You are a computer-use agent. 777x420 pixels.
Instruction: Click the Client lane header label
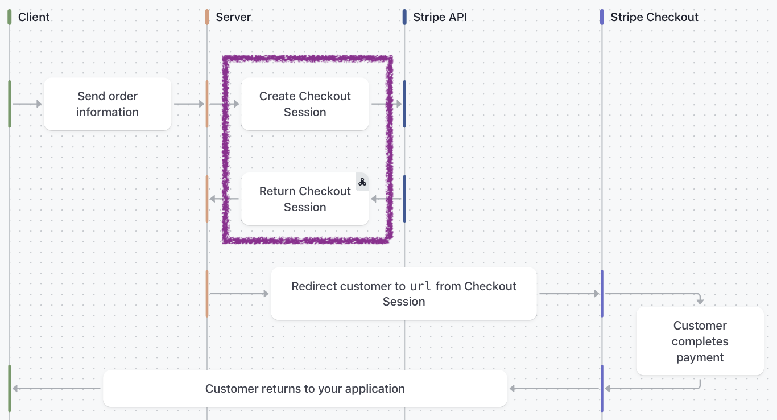(x=34, y=17)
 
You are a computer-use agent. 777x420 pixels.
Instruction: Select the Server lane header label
(x=233, y=17)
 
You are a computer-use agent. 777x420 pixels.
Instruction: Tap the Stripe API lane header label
(x=440, y=17)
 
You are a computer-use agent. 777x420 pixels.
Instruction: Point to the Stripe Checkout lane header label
(x=654, y=17)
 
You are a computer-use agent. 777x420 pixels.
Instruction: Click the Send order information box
(x=108, y=104)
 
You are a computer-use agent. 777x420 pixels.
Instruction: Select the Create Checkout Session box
(x=305, y=104)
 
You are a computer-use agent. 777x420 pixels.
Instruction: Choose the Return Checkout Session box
(x=305, y=199)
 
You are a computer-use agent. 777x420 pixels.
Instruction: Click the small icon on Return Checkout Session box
(x=362, y=182)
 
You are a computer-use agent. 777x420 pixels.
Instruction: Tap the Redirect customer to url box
(x=404, y=294)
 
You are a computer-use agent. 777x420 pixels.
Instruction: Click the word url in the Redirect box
(x=420, y=286)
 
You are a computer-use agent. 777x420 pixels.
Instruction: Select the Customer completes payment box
(x=700, y=341)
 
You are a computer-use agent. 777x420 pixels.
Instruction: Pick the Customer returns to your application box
(x=305, y=388)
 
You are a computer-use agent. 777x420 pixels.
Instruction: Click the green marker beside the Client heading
(x=9, y=17)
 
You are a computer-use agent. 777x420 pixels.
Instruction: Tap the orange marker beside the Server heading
(x=207, y=17)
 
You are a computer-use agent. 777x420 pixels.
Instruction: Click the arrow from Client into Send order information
(x=27, y=104)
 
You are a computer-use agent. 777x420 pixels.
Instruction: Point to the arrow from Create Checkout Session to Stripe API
(x=387, y=104)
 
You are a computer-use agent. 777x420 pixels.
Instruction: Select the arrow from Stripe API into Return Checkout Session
(x=386, y=199)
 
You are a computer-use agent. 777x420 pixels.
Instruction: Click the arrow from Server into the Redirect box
(x=239, y=294)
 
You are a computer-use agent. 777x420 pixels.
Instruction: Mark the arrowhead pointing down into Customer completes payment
(x=700, y=302)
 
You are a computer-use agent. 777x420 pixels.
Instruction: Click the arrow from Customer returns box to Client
(x=56, y=388)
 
